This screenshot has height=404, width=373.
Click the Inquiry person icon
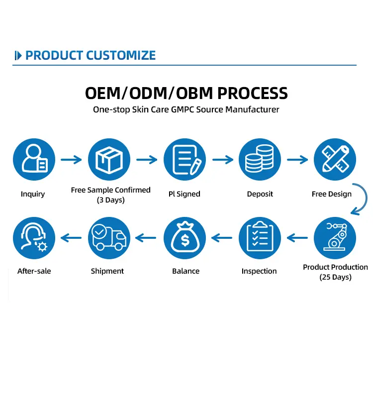[x=33, y=160]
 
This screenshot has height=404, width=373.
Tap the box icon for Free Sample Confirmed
[x=109, y=160]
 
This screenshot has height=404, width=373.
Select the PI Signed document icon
[x=185, y=160]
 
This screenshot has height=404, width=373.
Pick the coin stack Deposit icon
[x=260, y=160]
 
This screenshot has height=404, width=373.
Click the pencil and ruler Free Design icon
[x=335, y=160]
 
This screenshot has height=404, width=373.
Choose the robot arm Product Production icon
[x=335, y=238]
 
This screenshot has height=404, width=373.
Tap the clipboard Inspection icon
[x=260, y=238]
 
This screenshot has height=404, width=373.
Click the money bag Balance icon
[x=185, y=238]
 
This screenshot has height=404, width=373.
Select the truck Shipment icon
[x=109, y=238]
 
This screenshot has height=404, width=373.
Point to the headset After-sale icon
[x=33, y=238]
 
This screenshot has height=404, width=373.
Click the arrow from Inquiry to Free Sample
[x=71, y=160]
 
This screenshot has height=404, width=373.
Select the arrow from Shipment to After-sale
[x=71, y=238]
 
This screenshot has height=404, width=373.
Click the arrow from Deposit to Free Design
[x=297, y=160]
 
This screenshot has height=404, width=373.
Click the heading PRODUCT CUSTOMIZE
[x=90, y=55]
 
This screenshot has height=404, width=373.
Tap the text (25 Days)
[x=335, y=277]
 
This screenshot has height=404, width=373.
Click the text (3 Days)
[x=110, y=200]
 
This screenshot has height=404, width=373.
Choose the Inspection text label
[x=259, y=271]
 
